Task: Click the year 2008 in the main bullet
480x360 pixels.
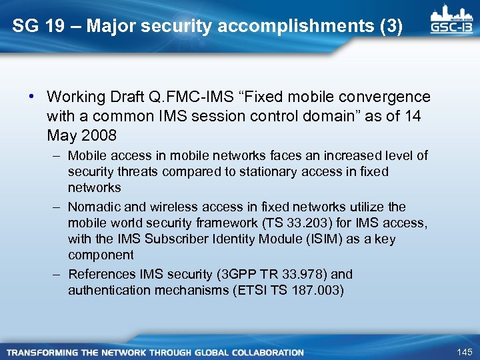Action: (x=99, y=135)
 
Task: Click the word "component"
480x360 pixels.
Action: (x=101, y=255)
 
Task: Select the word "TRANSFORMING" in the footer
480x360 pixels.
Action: (x=41, y=352)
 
